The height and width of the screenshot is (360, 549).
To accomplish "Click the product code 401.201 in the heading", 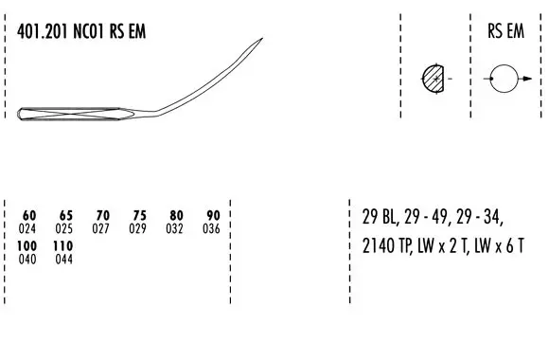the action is (42, 31).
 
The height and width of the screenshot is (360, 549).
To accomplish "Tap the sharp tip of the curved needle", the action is (262, 38).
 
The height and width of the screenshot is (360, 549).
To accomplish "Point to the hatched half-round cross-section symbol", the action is (434, 79).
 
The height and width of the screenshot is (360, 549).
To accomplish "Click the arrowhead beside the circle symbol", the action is (527, 79).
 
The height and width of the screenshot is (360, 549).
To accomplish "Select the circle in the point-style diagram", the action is (504, 64).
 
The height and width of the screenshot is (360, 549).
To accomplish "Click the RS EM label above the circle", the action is (506, 31).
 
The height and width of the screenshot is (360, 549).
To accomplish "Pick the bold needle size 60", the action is (29, 215).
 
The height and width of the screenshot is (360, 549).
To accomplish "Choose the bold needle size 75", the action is (139, 215).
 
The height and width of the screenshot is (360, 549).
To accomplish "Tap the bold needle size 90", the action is (213, 215).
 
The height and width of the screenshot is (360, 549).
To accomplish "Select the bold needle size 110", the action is (63, 245).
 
